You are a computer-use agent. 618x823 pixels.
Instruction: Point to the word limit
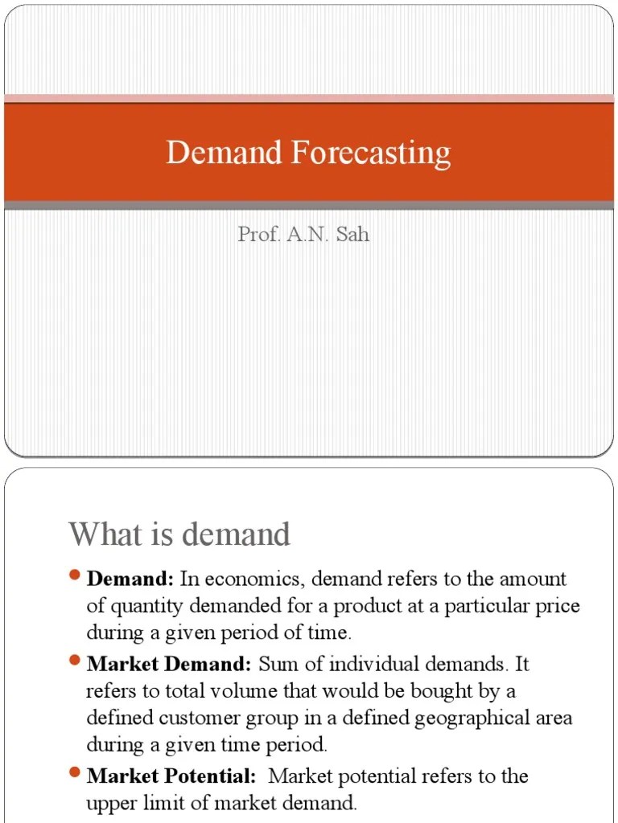click(159, 802)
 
